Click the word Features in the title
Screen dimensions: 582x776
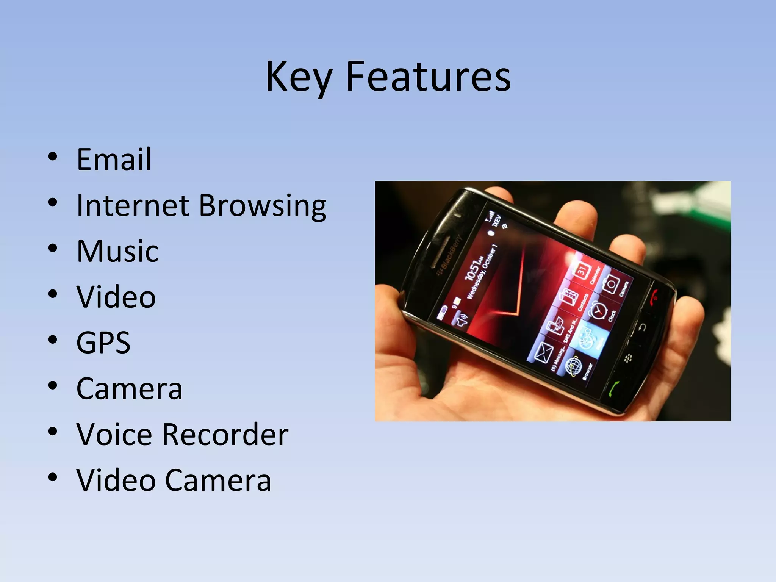point(428,77)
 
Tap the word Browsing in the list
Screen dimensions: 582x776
point(262,205)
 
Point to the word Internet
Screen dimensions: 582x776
point(133,205)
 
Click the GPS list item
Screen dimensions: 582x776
point(103,343)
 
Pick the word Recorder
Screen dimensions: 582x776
point(225,434)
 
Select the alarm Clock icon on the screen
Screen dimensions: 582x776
point(598,310)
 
